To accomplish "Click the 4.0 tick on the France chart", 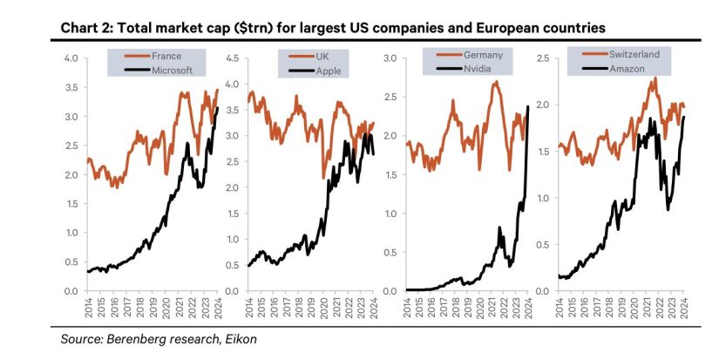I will [x=71, y=58].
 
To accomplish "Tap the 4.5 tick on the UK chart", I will [x=233, y=58].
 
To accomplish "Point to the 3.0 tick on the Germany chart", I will [x=390, y=58].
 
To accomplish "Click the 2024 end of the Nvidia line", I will [x=528, y=106].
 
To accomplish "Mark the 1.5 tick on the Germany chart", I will [x=390, y=174].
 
